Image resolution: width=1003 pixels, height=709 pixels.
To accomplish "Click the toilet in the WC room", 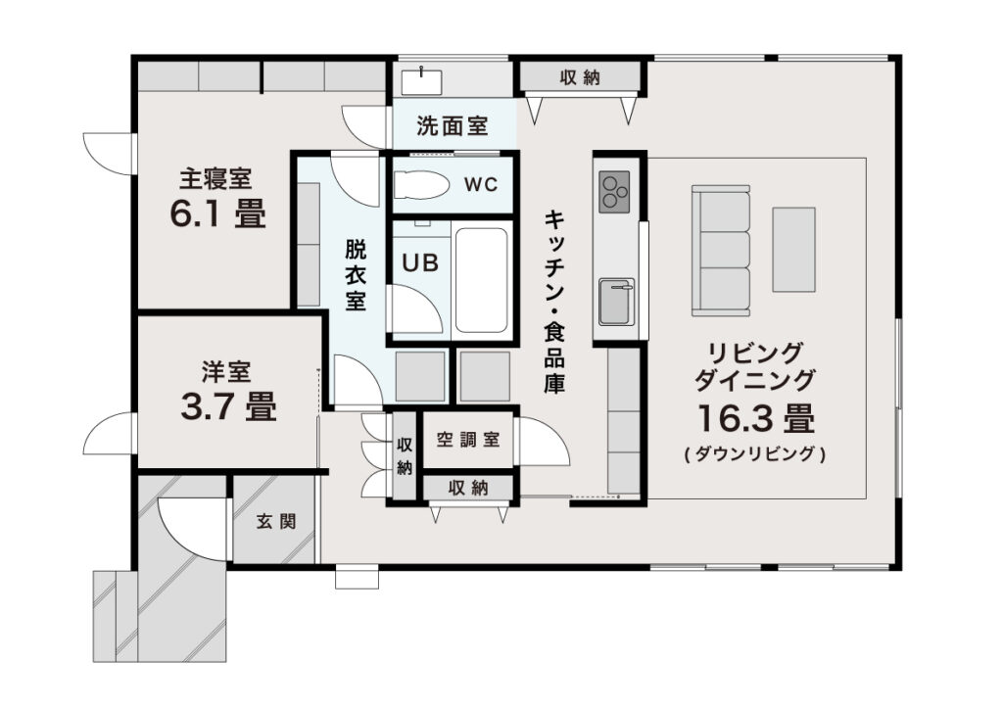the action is pyautogui.click(x=421, y=185).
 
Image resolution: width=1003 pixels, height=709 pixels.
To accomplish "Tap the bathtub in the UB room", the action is pyautogui.click(x=482, y=281).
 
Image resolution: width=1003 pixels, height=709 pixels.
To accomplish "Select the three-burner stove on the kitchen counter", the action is pyautogui.click(x=614, y=192).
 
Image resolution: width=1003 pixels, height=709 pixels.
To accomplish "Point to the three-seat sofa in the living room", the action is pyautogui.click(x=721, y=251).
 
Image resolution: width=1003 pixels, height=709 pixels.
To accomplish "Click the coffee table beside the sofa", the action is pyautogui.click(x=793, y=250).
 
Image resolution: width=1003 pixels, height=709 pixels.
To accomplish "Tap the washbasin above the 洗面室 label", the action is pyautogui.click(x=421, y=82).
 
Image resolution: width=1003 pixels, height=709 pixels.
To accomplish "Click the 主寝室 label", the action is pyautogui.click(x=215, y=178).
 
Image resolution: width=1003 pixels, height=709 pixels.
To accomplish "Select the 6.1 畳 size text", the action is pyautogui.click(x=218, y=213).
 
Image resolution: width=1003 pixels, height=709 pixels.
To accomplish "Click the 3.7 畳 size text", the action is pyautogui.click(x=228, y=406).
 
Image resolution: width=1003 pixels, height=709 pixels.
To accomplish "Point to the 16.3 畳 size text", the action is pyautogui.click(x=756, y=419).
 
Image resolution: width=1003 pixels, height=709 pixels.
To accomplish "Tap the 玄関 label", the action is pyautogui.click(x=276, y=522).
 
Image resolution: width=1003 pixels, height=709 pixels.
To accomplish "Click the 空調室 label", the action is pyautogui.click(x=468, y=440).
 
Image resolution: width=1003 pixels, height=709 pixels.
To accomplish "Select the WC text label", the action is pyautogui.click(x=481, y=185).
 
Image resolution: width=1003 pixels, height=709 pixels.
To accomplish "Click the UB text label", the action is pyautogui.click(x=420, y=262).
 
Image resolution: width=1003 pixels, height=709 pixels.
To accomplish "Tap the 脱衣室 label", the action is pyautogui.click(x=356, y=275).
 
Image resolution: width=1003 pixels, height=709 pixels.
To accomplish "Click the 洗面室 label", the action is pyautogui.click(x=453, y=126).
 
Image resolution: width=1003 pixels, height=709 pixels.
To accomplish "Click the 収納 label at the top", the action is pyautogui.click(x=580, y=78).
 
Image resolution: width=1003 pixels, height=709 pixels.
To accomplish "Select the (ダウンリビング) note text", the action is pyautogui.click(x=755, y=454).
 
